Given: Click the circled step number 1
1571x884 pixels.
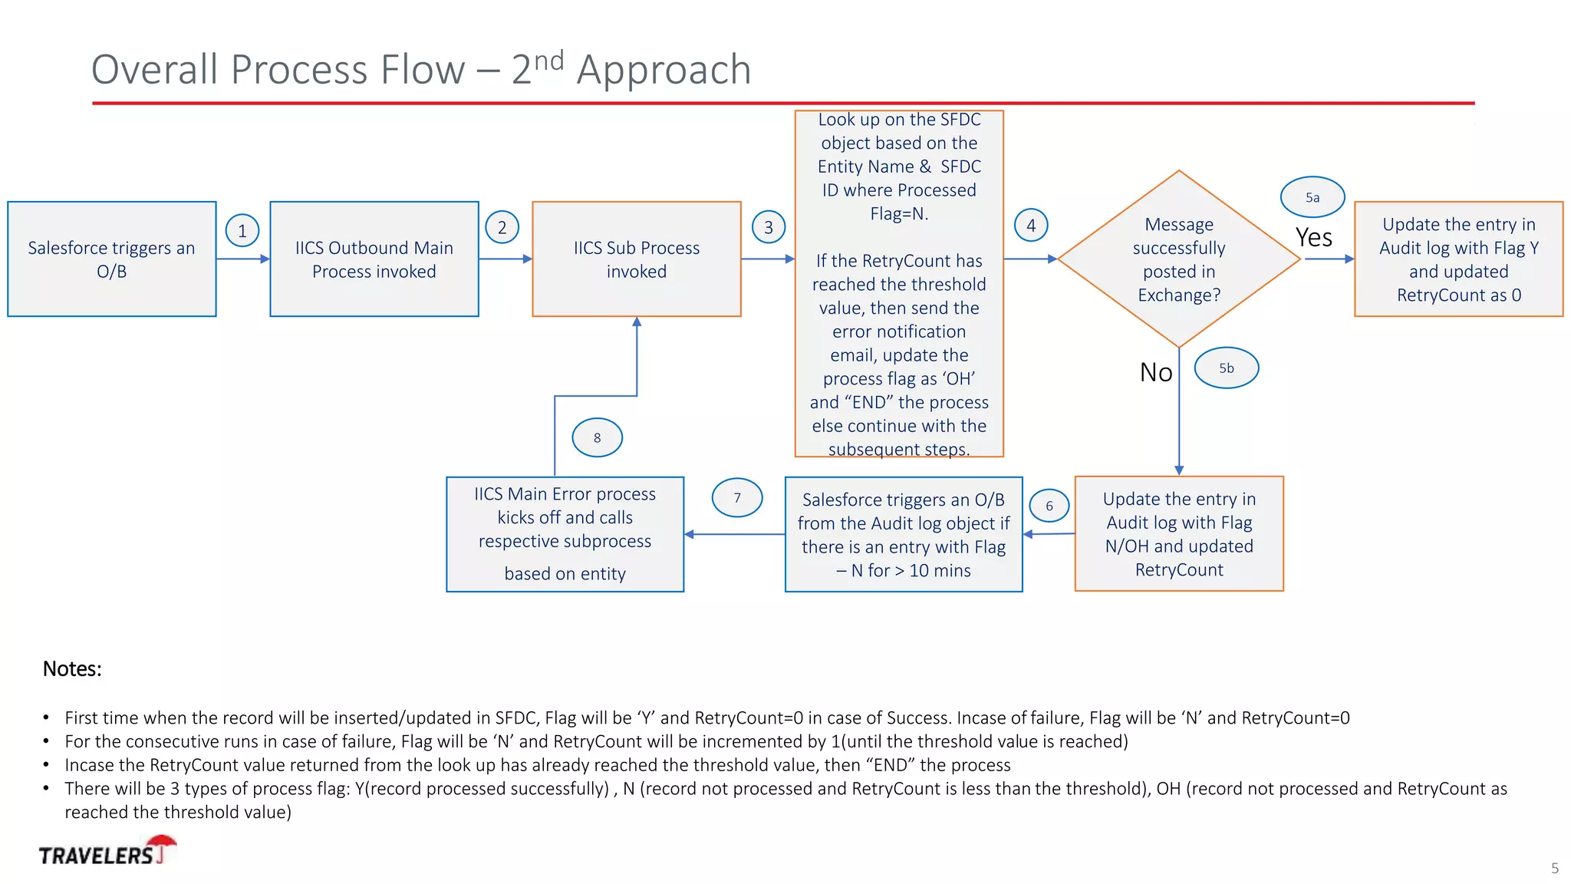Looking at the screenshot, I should coord(242,230).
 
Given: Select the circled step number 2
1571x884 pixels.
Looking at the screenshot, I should coord(502,227).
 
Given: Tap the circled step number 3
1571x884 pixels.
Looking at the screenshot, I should coord(769,227).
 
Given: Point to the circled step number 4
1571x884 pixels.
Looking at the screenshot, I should coord(1031,226).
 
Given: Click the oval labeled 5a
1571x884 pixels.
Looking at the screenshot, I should coord(1312,197).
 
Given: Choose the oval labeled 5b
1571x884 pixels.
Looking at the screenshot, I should coord(1227,368).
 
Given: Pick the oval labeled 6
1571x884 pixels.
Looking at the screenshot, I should coord(1049,506).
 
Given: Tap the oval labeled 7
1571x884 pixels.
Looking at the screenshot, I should coord(737,497).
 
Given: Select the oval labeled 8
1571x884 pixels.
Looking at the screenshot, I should coord(597,437).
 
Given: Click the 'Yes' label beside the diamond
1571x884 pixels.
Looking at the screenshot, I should coord(1314,238).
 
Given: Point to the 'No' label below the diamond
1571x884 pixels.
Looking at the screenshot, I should coord(1156,372).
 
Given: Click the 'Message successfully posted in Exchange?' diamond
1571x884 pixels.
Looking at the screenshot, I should coord(1179,259).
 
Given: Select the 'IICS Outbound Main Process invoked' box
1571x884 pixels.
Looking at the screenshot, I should coord(374,259).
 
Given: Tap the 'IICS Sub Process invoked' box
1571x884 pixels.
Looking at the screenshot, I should coord(637,259).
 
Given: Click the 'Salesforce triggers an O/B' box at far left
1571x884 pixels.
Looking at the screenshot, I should coord(112,259).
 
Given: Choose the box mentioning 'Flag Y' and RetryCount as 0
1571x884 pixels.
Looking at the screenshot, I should coord(1458,259).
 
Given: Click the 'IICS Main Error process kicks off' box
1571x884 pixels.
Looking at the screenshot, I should coord(565,534).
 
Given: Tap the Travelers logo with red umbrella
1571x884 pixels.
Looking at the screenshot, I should coord(107,853).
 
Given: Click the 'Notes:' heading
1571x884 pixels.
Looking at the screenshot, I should coord(72,668).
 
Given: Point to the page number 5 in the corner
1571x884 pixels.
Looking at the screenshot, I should coord(1554,868).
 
